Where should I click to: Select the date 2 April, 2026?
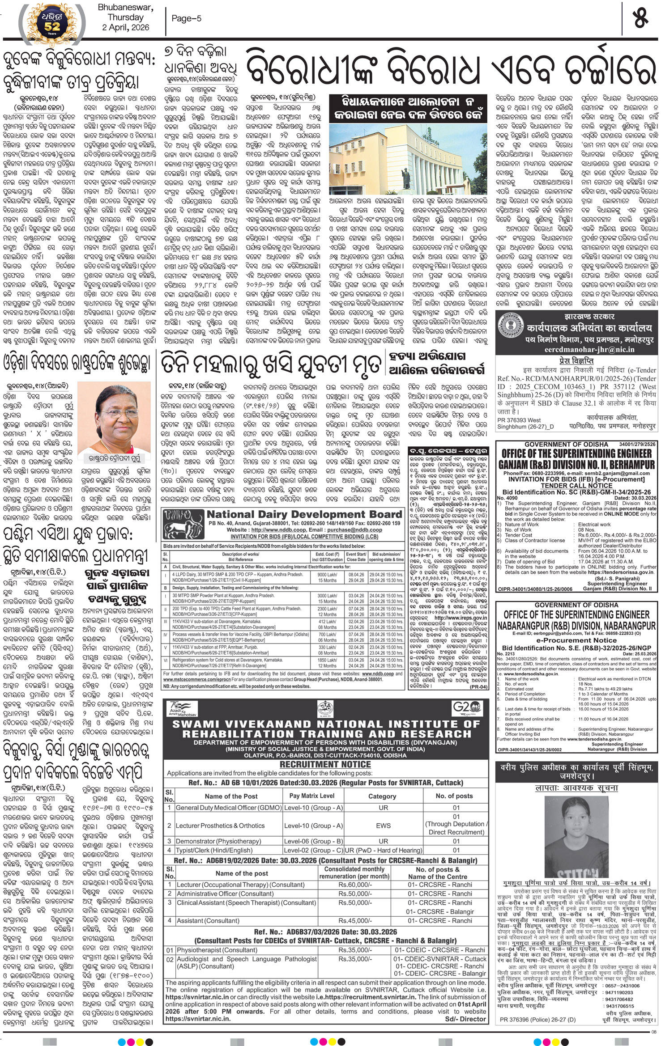click(x=126, y=27)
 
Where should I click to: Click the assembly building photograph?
click(x=408, y=158)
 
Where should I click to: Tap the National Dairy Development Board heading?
click(x=304, y=514)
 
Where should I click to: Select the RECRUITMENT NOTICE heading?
click(x=325, y=764)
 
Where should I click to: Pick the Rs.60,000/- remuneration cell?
click(x=354, y=885)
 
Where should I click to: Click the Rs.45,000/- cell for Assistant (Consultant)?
click(x=354, y=920)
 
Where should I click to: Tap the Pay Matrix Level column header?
click(x=311, y=796)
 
